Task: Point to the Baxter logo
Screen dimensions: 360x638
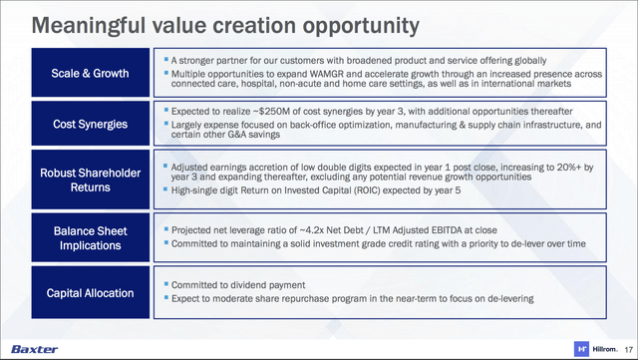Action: [x=36, y=348]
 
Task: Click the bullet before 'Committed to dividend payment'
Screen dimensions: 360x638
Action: [x=163, y=284]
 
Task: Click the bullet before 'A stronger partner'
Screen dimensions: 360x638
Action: [x=163, y=62]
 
